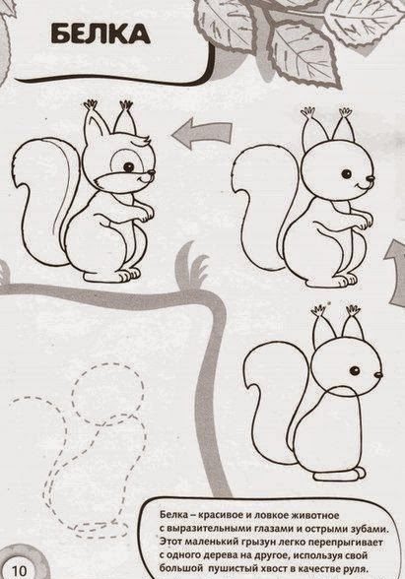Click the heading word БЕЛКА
pyautogui.click(x=101, y=34)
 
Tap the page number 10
pyautogui.click(x=20, y=570)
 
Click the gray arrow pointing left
pyautogui.click(x=202, y=133)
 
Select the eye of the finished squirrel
pyautogui.click(x=128, y=166)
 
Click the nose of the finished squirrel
pyautogui.click(x=151, y=172)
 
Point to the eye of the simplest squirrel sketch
pyautogui.click(x=355, y=370)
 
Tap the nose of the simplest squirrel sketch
pyautogui.click(x=378, y=375)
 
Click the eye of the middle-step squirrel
pyautogui.click(x=346, y=173)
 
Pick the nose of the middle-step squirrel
pyautogui.click(x=371, y=178)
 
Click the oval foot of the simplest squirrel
pyautogui.click(x=340, y=474)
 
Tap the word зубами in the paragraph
pyautogui.click(x=370, y=529)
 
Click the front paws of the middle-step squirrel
pyautogui.click(x=361, y=221)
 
